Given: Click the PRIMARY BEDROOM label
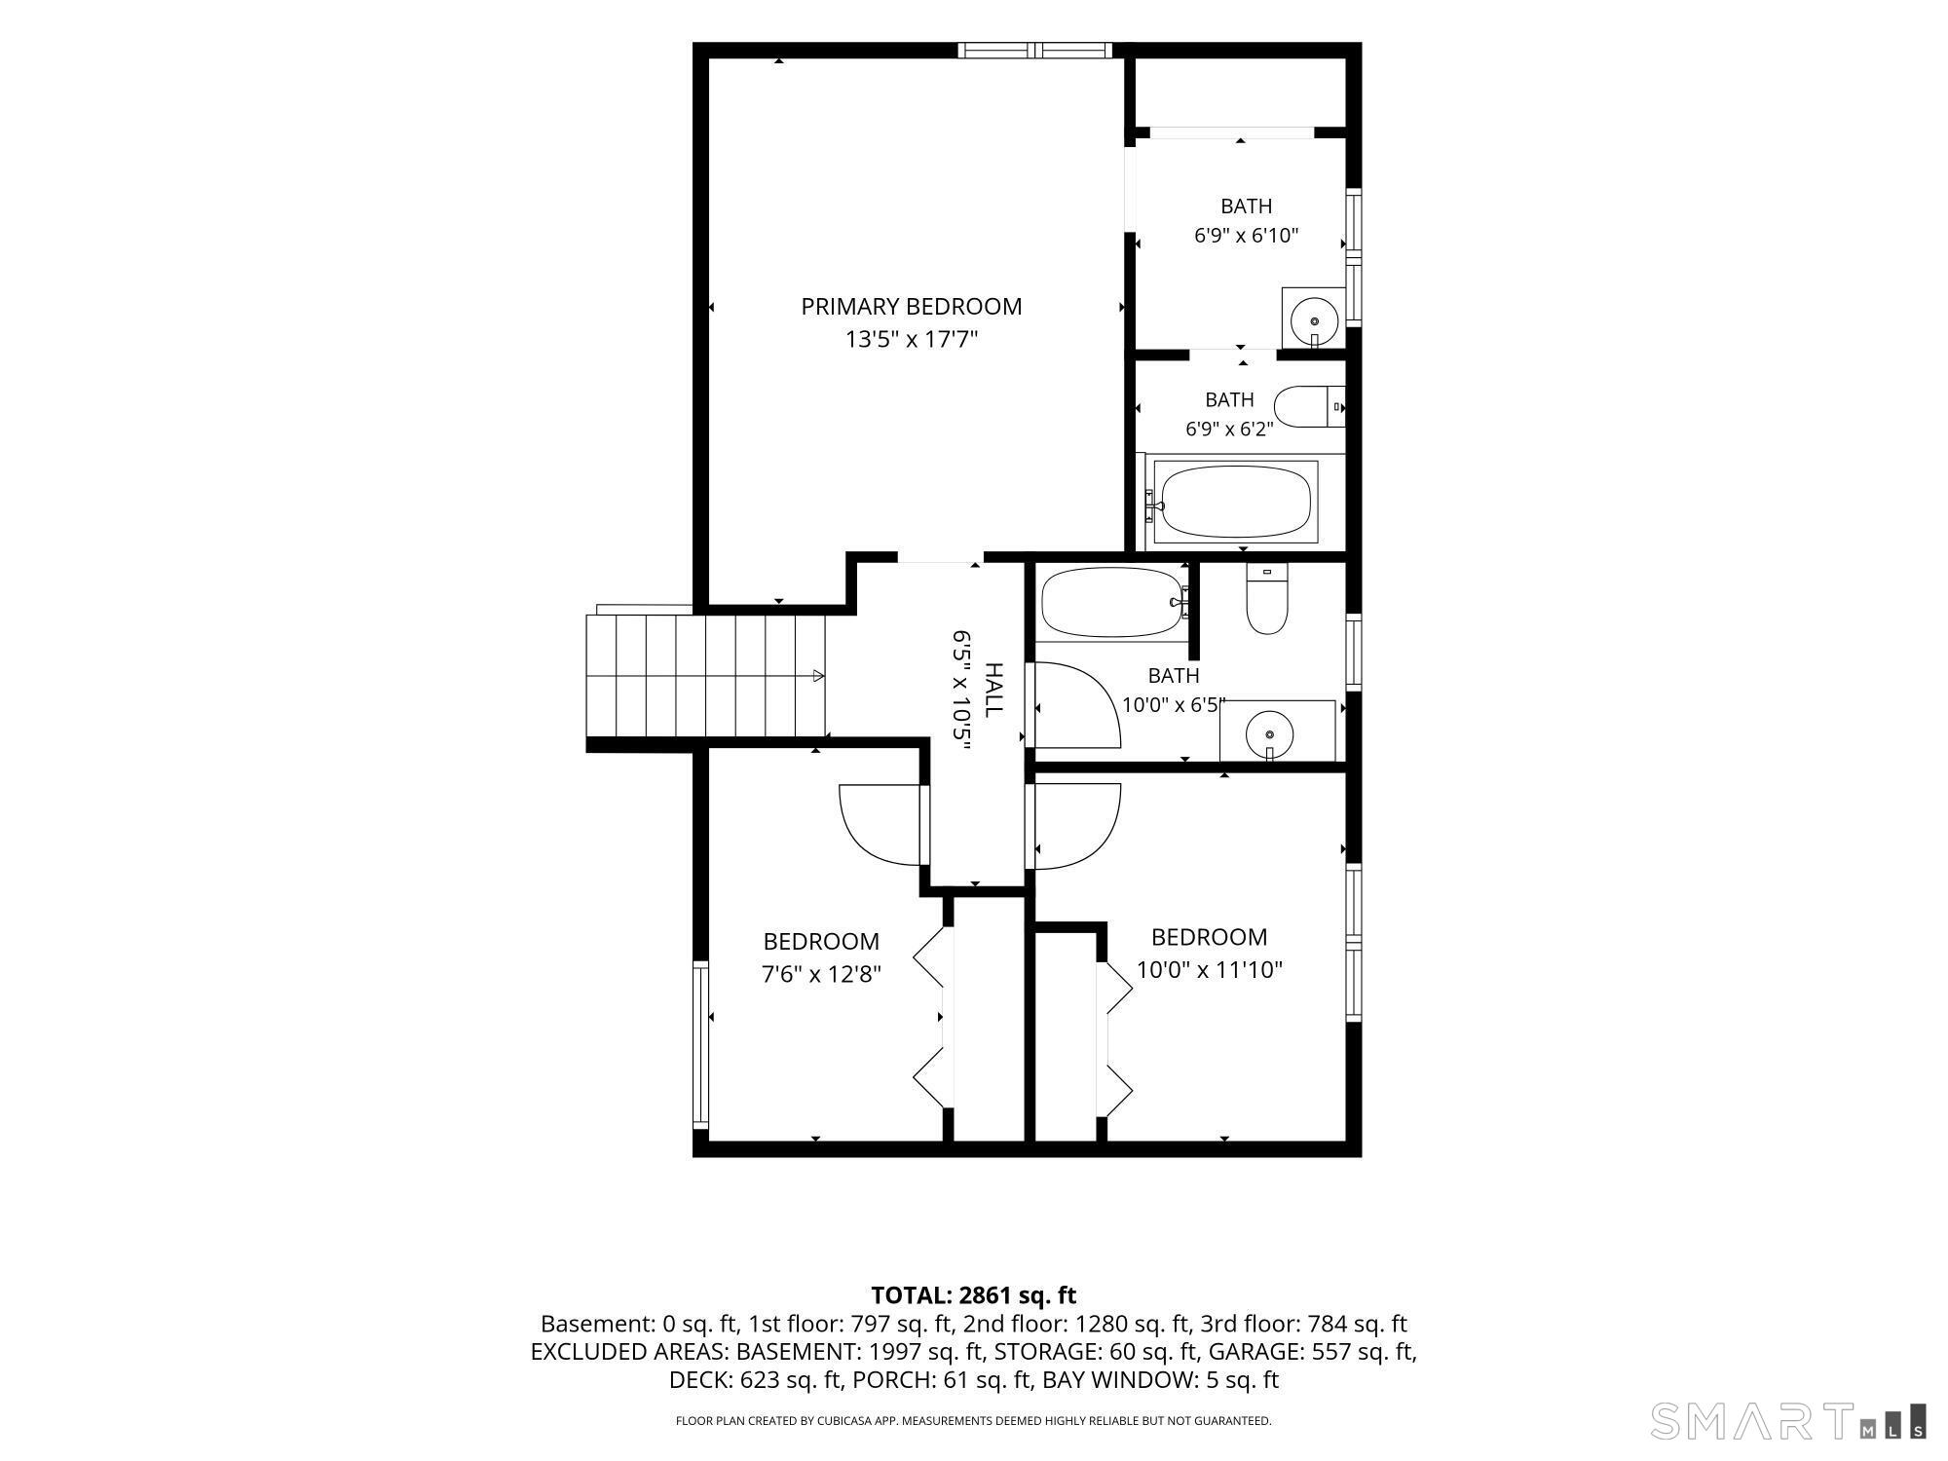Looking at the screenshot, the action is coord(912,307).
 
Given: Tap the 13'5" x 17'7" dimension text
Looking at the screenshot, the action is coord(912,340).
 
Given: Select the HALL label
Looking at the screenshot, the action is coord(993,691).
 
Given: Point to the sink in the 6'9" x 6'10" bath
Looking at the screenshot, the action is coord(1313,318).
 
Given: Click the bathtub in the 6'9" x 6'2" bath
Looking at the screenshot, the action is coord(1235,502).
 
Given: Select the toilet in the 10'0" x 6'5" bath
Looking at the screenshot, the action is coord(1267,598).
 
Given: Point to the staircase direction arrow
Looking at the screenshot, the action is coord(818,676).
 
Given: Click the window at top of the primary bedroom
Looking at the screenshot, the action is coord(1034,51).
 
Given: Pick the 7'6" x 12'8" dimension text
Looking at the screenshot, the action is coord(821,974).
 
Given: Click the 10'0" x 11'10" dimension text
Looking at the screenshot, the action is coord(1210,970).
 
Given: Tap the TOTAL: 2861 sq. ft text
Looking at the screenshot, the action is coord(973,1295).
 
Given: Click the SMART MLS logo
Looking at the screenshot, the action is coord(1788,1421).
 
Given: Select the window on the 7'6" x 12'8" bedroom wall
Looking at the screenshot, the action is coord(700,1044).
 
